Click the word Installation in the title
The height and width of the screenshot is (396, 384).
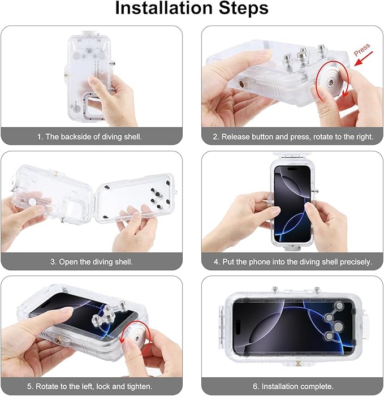[164, 8]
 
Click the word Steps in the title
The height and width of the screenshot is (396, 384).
[243, 8]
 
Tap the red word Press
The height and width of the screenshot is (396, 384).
[362, 49]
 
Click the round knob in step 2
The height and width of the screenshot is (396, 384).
[330, 82]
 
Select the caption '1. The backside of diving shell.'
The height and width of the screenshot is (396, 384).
[89, 137]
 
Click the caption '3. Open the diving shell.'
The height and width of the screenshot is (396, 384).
[92, 261]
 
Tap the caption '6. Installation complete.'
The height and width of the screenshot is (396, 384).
[293, 386]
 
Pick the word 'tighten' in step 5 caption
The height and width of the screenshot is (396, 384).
[139, 386]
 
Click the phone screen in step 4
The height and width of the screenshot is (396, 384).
[292, 204]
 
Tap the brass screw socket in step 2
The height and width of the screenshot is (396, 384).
[242, 83]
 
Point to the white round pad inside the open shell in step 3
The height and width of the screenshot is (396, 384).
[32, 201]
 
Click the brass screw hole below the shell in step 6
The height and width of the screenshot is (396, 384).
[298, 363]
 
